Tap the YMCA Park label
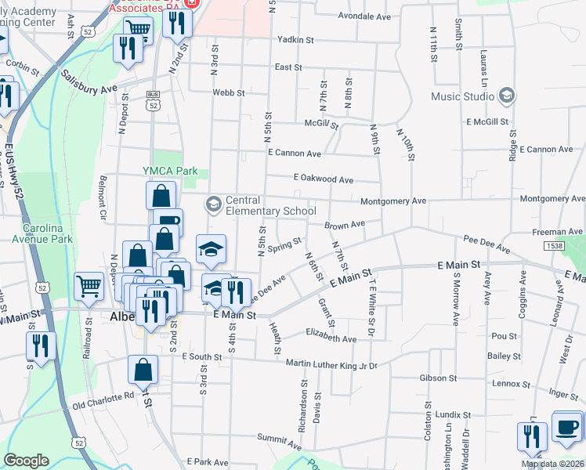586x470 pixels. pos(169,171)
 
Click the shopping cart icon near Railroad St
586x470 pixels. pos(89,287)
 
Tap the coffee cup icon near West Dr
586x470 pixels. pos(566,427)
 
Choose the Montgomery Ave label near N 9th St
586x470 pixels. pos(393,201)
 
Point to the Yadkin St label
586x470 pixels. pos(295,39)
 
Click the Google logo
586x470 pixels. pos(26,461)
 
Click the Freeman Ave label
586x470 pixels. pos(557,232)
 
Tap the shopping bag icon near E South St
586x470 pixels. pos(143,370)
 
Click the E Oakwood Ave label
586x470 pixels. pos(323,179)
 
